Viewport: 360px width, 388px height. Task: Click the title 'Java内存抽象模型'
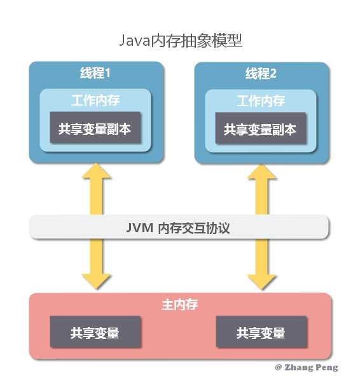(x=180, y=41)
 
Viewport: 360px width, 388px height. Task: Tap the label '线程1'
(x=95, y=74)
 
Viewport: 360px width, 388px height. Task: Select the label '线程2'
(x=261, y=74)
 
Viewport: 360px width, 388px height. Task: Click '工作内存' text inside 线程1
(x=95, y=101)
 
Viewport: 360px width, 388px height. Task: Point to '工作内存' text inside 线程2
(x=261, y=101)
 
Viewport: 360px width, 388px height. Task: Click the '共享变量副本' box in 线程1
(x=95, y=128)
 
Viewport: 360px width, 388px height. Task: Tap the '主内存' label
(x=180, y=304)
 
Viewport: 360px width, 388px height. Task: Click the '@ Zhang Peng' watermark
(x=306, y=368)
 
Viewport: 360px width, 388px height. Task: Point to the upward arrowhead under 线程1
(x=95, y=172)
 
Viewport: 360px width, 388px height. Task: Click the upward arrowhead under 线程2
(x=261, y=172)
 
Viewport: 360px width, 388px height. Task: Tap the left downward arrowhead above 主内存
(x=95, y=281)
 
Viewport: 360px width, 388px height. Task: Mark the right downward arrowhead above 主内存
(x=261, y=281)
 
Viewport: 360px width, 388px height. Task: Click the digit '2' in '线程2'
(x=273, y=74)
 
